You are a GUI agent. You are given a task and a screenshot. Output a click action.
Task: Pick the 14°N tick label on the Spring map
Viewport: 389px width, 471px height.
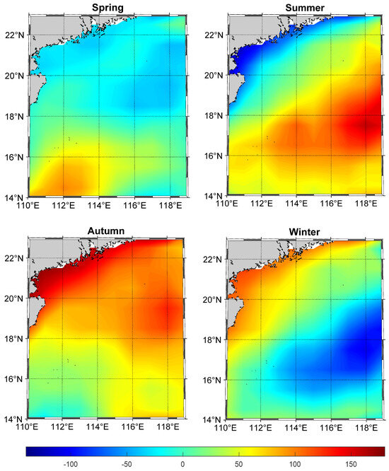click(15, 197)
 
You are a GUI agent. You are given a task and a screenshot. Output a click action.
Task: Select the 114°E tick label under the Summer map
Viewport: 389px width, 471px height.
click(296, 204)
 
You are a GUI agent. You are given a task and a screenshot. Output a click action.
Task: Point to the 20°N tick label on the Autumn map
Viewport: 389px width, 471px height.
click(15, 299)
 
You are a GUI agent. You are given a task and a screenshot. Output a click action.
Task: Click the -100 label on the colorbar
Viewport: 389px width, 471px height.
click(71, 464)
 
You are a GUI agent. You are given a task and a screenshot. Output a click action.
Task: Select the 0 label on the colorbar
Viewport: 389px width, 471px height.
click(182, 464)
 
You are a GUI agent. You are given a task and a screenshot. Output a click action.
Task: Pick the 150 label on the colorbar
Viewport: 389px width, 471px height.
click(351, 464)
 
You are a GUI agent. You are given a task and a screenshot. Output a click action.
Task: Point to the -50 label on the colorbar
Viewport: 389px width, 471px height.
click(127, 464)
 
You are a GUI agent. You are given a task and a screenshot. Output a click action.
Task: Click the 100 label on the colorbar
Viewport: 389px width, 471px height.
click(294, 464)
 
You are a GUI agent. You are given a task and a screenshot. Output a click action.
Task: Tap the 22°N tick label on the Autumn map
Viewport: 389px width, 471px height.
click(15, 258)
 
